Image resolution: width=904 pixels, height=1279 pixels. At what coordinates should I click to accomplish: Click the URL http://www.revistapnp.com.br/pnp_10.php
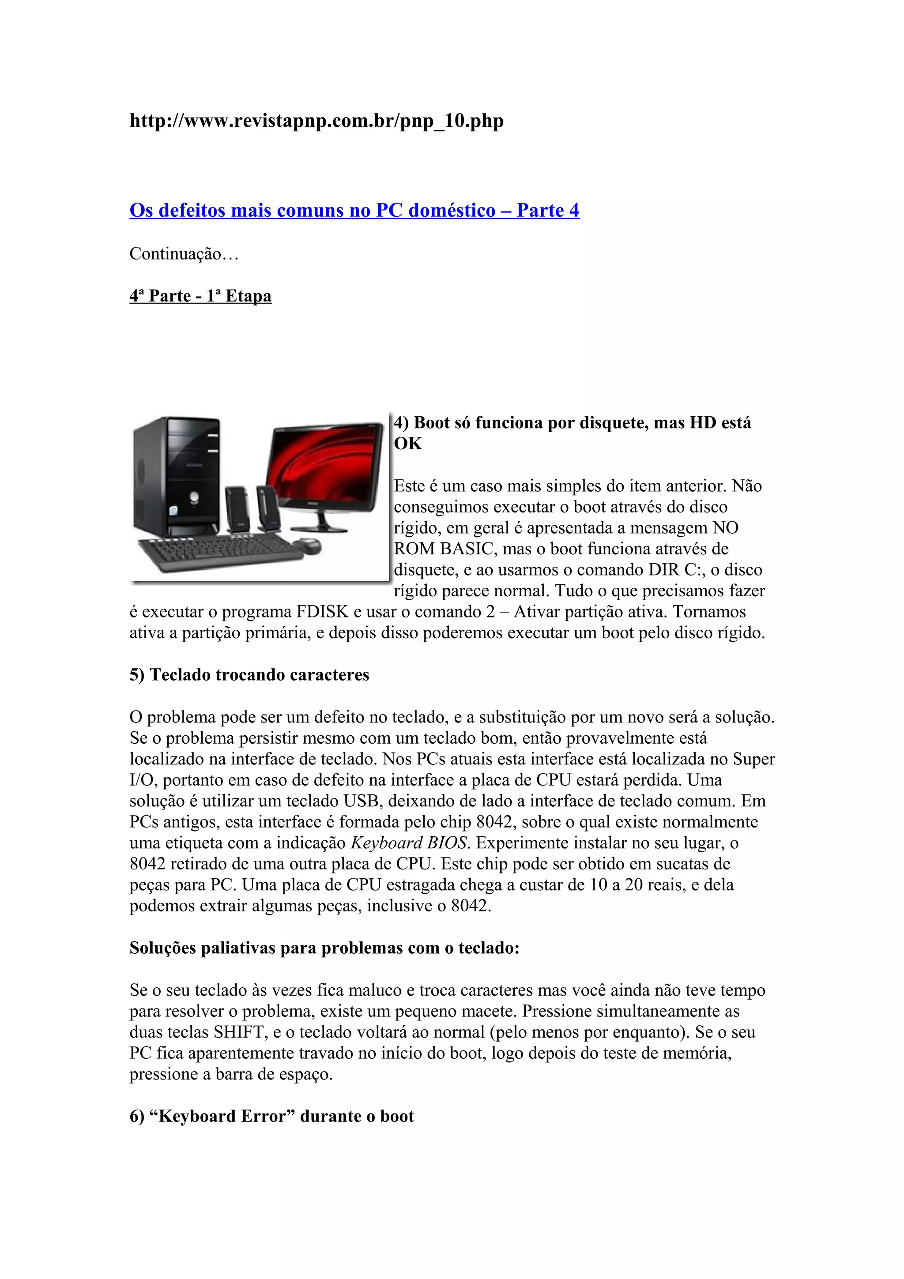tap(316, 120)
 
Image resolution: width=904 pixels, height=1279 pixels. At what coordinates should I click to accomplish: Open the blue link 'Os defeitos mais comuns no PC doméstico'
tap(354, 211)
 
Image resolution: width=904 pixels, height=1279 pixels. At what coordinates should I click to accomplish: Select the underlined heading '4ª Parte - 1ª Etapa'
tap(200, 296)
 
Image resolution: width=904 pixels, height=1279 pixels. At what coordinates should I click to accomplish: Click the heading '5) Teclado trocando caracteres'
tap(249, 675)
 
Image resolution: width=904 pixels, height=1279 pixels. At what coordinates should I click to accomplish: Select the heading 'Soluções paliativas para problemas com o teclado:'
tap(324, 948)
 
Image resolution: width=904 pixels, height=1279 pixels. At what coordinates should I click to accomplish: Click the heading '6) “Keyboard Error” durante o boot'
tap(272, 1116)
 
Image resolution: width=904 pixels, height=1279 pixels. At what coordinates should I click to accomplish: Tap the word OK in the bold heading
tap(408, 444)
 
